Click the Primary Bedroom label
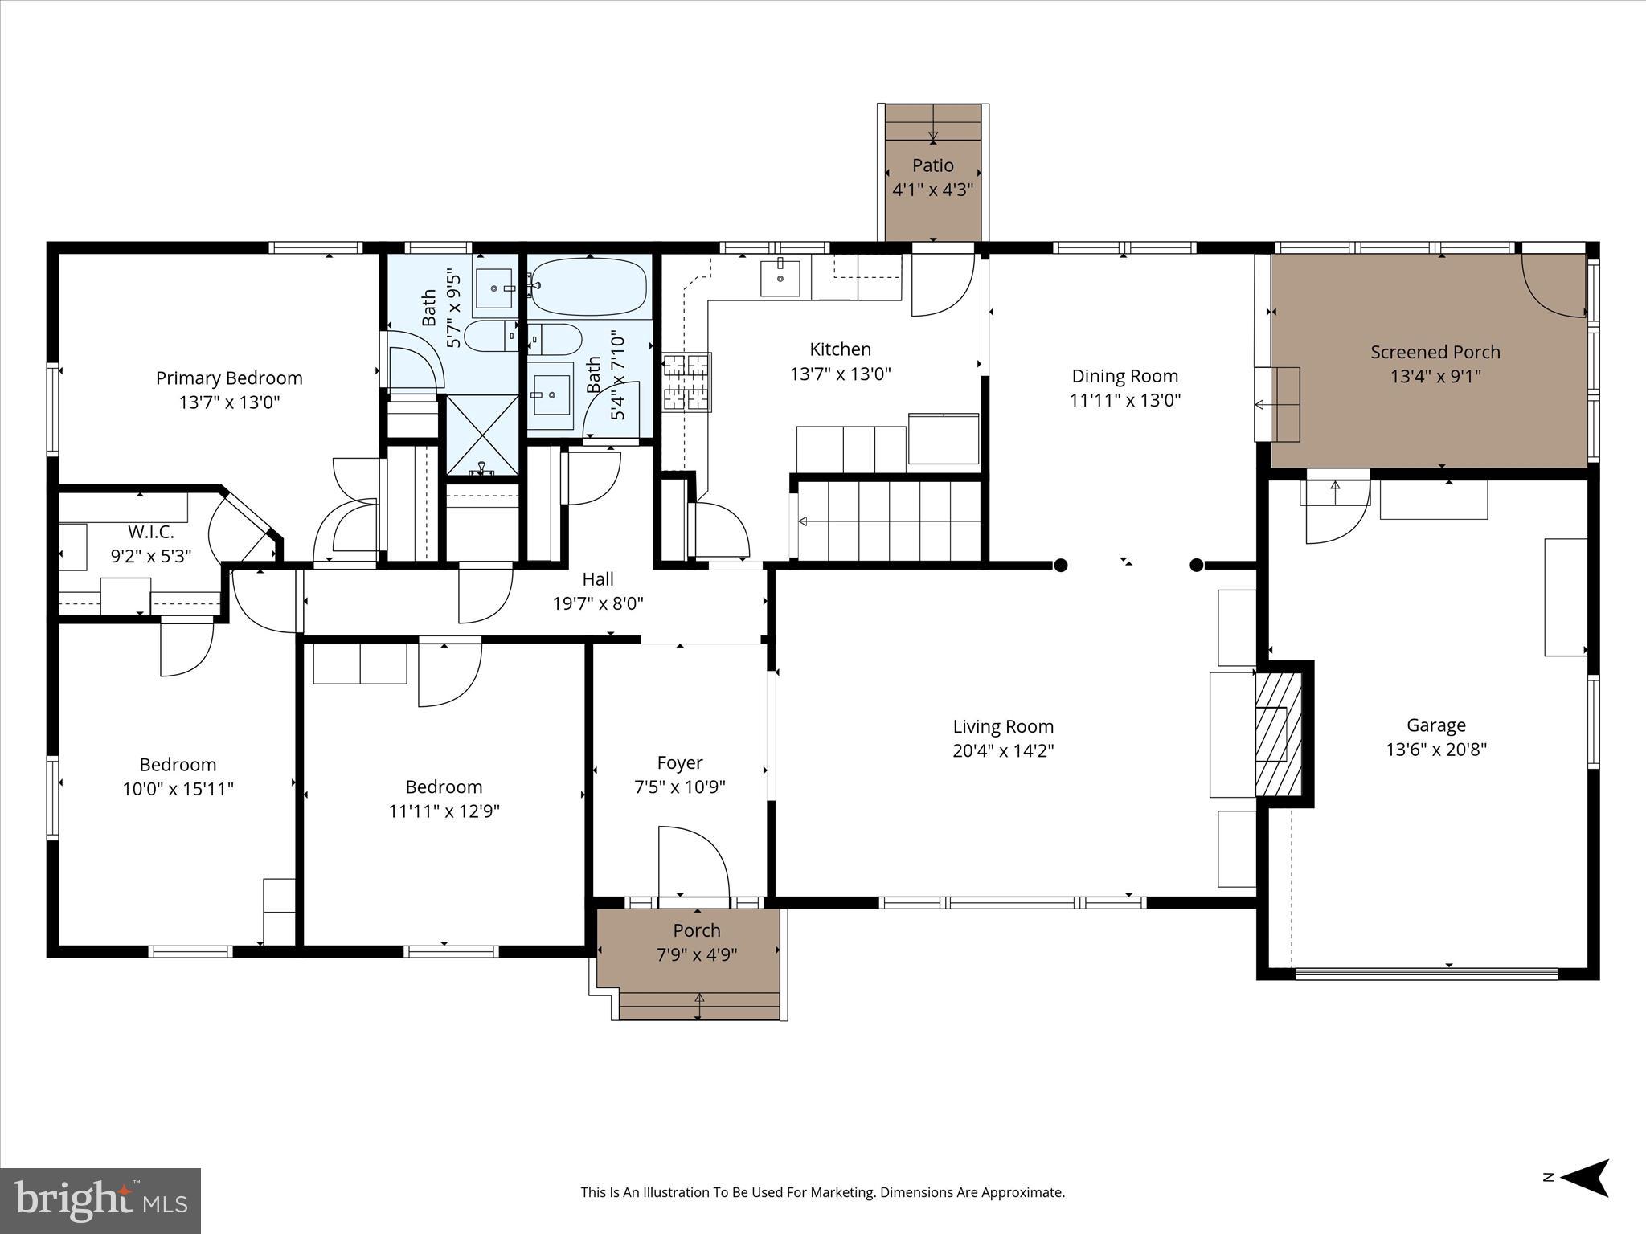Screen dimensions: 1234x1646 click(229, 378)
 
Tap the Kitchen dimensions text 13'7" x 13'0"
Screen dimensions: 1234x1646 click(840, 374)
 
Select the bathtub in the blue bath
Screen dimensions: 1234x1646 click(589, 287)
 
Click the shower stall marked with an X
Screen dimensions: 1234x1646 click(482, 434)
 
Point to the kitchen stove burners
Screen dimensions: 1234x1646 click(686, 382)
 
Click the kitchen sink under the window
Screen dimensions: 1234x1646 click(780, 278)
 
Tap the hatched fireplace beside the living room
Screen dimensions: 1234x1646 click(1278, 733)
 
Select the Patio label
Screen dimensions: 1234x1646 click(932, 165)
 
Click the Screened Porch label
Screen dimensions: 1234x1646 click(1435, 352)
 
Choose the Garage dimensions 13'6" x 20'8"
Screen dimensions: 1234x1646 click(1435, 750)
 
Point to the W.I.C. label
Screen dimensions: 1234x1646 click(150, 532)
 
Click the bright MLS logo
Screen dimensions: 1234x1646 click(100, 1200)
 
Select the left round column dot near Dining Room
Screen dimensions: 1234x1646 click(1060, 566)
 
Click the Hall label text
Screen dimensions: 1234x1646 click(597, 579)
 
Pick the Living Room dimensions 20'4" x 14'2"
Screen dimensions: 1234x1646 click(1002, 750)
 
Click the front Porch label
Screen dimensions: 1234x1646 click(696, 930)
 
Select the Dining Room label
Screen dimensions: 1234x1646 click(1124, 376)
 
